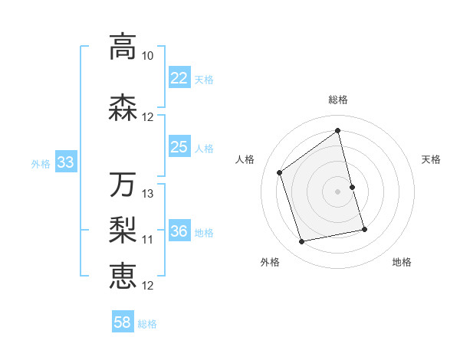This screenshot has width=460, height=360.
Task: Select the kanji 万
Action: coord(122,185)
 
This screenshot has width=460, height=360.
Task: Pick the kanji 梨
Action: coord(122,231)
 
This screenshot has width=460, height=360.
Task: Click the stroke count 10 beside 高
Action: coord(148,56)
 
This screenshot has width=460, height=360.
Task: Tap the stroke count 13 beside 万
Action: coord(148,194)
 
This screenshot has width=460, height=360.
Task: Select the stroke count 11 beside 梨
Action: coord(148,240)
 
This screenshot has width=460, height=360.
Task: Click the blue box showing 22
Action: coord(179,78)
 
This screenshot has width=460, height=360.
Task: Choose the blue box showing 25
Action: coord(179,146)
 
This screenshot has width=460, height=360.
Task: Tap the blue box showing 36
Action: coord(179,231)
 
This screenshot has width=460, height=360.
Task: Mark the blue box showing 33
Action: coord(65,162)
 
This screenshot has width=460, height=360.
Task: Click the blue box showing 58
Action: coord(123,322)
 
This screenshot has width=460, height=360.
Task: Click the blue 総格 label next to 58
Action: coord(147,324)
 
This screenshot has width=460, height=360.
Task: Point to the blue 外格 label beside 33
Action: coord(41,163)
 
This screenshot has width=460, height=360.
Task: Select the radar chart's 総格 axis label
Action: coord(338,100)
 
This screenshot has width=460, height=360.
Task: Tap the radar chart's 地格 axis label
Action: coord(402,263)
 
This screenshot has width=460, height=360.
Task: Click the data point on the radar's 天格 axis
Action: coord(352,187)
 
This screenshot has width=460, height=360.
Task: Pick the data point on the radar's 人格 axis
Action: coord(280,172)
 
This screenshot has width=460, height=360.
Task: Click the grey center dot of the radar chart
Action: coord(338,191)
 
